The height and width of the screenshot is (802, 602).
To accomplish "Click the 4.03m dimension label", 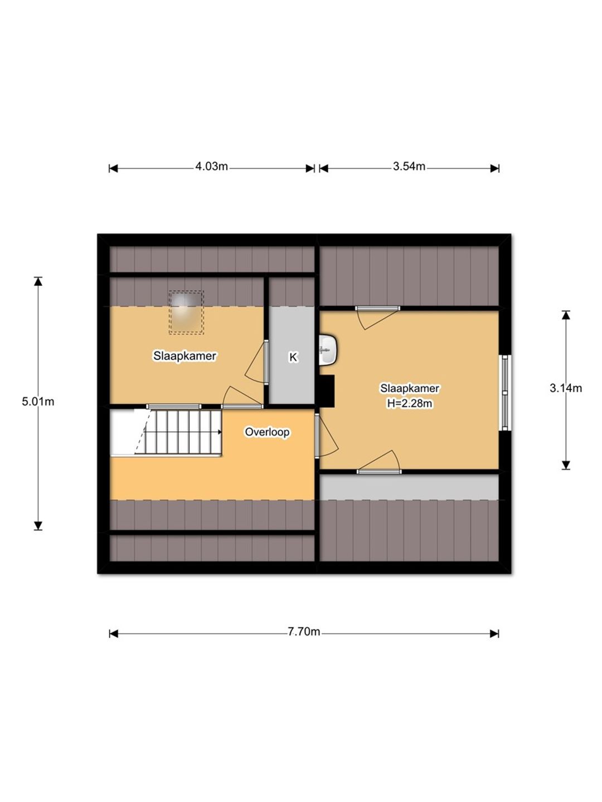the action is pyautogui.click(x=211, y=167).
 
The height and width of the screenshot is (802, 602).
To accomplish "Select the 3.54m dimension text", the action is pyautogui.click(x=409, y=167).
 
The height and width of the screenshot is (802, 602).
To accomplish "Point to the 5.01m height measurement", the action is pyautogui.click(x=38, y=402).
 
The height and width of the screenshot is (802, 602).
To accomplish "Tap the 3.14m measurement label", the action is pyautogui.click(x=565, y=388).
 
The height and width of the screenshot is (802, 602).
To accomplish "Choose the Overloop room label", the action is pyautogui.click(x=267, y=432).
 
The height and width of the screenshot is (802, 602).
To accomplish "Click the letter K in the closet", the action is pyautogui.click(x=293, y=357).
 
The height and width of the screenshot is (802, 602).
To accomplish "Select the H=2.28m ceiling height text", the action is pyautogui.click(x=410, y=403).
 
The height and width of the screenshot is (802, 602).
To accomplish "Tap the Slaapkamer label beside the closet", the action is pyautogui.click(x=185, y=355).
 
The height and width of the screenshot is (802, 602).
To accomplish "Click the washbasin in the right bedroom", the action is pyautogui.click(x=328, y=350).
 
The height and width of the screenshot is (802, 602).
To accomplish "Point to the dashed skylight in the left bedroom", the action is pyautogui.click(x=186, y=312).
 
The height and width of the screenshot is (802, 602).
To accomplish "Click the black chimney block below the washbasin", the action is pyautogui.click(x=327, y=390).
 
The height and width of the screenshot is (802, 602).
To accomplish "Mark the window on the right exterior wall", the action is pyautogui.click(x=505, y=393).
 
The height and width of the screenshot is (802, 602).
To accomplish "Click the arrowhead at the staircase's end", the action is pyautogui.click(x=220, y=432).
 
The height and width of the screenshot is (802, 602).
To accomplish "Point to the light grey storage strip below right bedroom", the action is pyautogui.click(x=409, y=487).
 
